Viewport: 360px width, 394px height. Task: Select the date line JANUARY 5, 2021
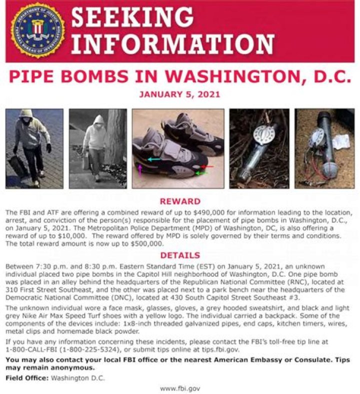click(x=179, y=94)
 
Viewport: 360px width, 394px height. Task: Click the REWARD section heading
click(x=179, y=201)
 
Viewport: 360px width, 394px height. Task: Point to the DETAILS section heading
click(x=179, y=255)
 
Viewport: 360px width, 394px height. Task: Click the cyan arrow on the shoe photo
click(x=154, y=159)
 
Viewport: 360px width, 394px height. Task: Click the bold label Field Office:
click(x=25, y=378)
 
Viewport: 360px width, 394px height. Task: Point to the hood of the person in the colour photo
click(x=26, y=115)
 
